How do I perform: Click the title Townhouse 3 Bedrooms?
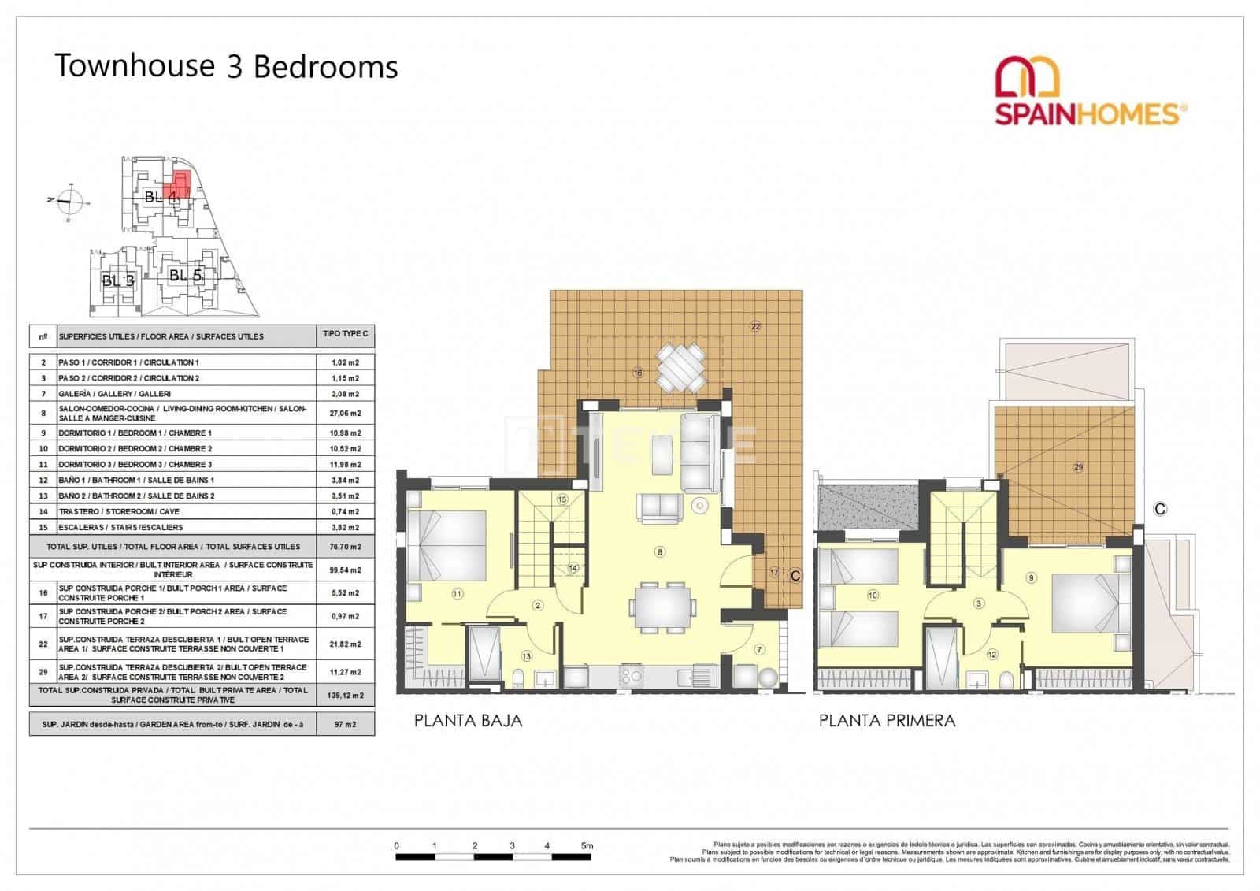[x=226, y=67]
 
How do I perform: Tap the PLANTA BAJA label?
[x=469, y=720]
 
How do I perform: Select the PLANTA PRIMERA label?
[x=887, y=720]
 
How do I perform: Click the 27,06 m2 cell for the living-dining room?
[x=345, y=413]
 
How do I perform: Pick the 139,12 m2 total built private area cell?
[x=345, y=695]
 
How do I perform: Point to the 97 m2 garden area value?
[x=345, y=724]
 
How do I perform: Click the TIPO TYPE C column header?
[x=345, y=334]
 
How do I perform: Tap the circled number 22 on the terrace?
[x=755, y=326]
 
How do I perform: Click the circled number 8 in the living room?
[x=660, y=551]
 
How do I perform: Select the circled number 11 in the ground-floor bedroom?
[x=457, y=594]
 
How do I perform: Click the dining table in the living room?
[x=662, y=607]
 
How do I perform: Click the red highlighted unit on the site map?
[x=180, y=184]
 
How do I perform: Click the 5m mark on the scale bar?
[x=587, y=845]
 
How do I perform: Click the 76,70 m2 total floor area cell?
[x=345, y=546]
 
